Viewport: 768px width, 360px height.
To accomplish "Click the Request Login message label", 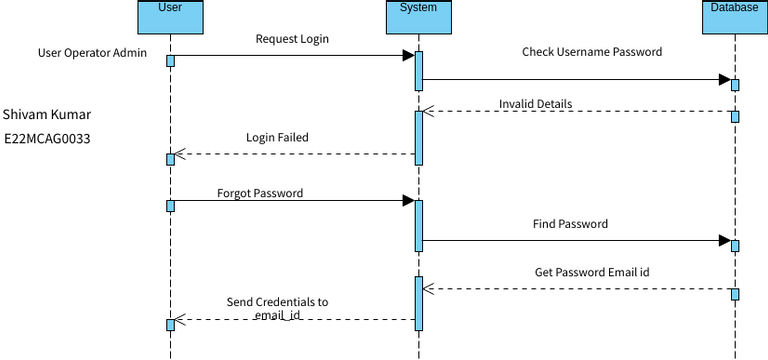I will [x=292, y=40].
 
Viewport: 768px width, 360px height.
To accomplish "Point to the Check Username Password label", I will [x=592, y=52].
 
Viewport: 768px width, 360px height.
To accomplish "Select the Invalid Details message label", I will [x=536, y=104].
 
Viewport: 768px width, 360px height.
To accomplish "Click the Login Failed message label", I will [x=277, y=138].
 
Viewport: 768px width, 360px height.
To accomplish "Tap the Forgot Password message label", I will [x=260, y=192].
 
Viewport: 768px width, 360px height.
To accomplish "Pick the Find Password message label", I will [x=570, y=225].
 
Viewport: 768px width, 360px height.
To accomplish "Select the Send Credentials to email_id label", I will [x=277, y=308].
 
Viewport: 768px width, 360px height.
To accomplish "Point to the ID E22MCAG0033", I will [x=47, y=139].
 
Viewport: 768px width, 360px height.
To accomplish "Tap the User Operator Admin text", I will [x=93, y=53].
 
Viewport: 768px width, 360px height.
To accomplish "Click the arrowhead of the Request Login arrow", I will [x=408, y=56].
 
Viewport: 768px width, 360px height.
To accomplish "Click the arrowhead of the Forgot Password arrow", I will [x=408, y=201].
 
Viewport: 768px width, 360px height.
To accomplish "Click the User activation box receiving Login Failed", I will [x=170, y=158].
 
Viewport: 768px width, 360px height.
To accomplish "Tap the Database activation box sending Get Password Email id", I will [x=735, y=294].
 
